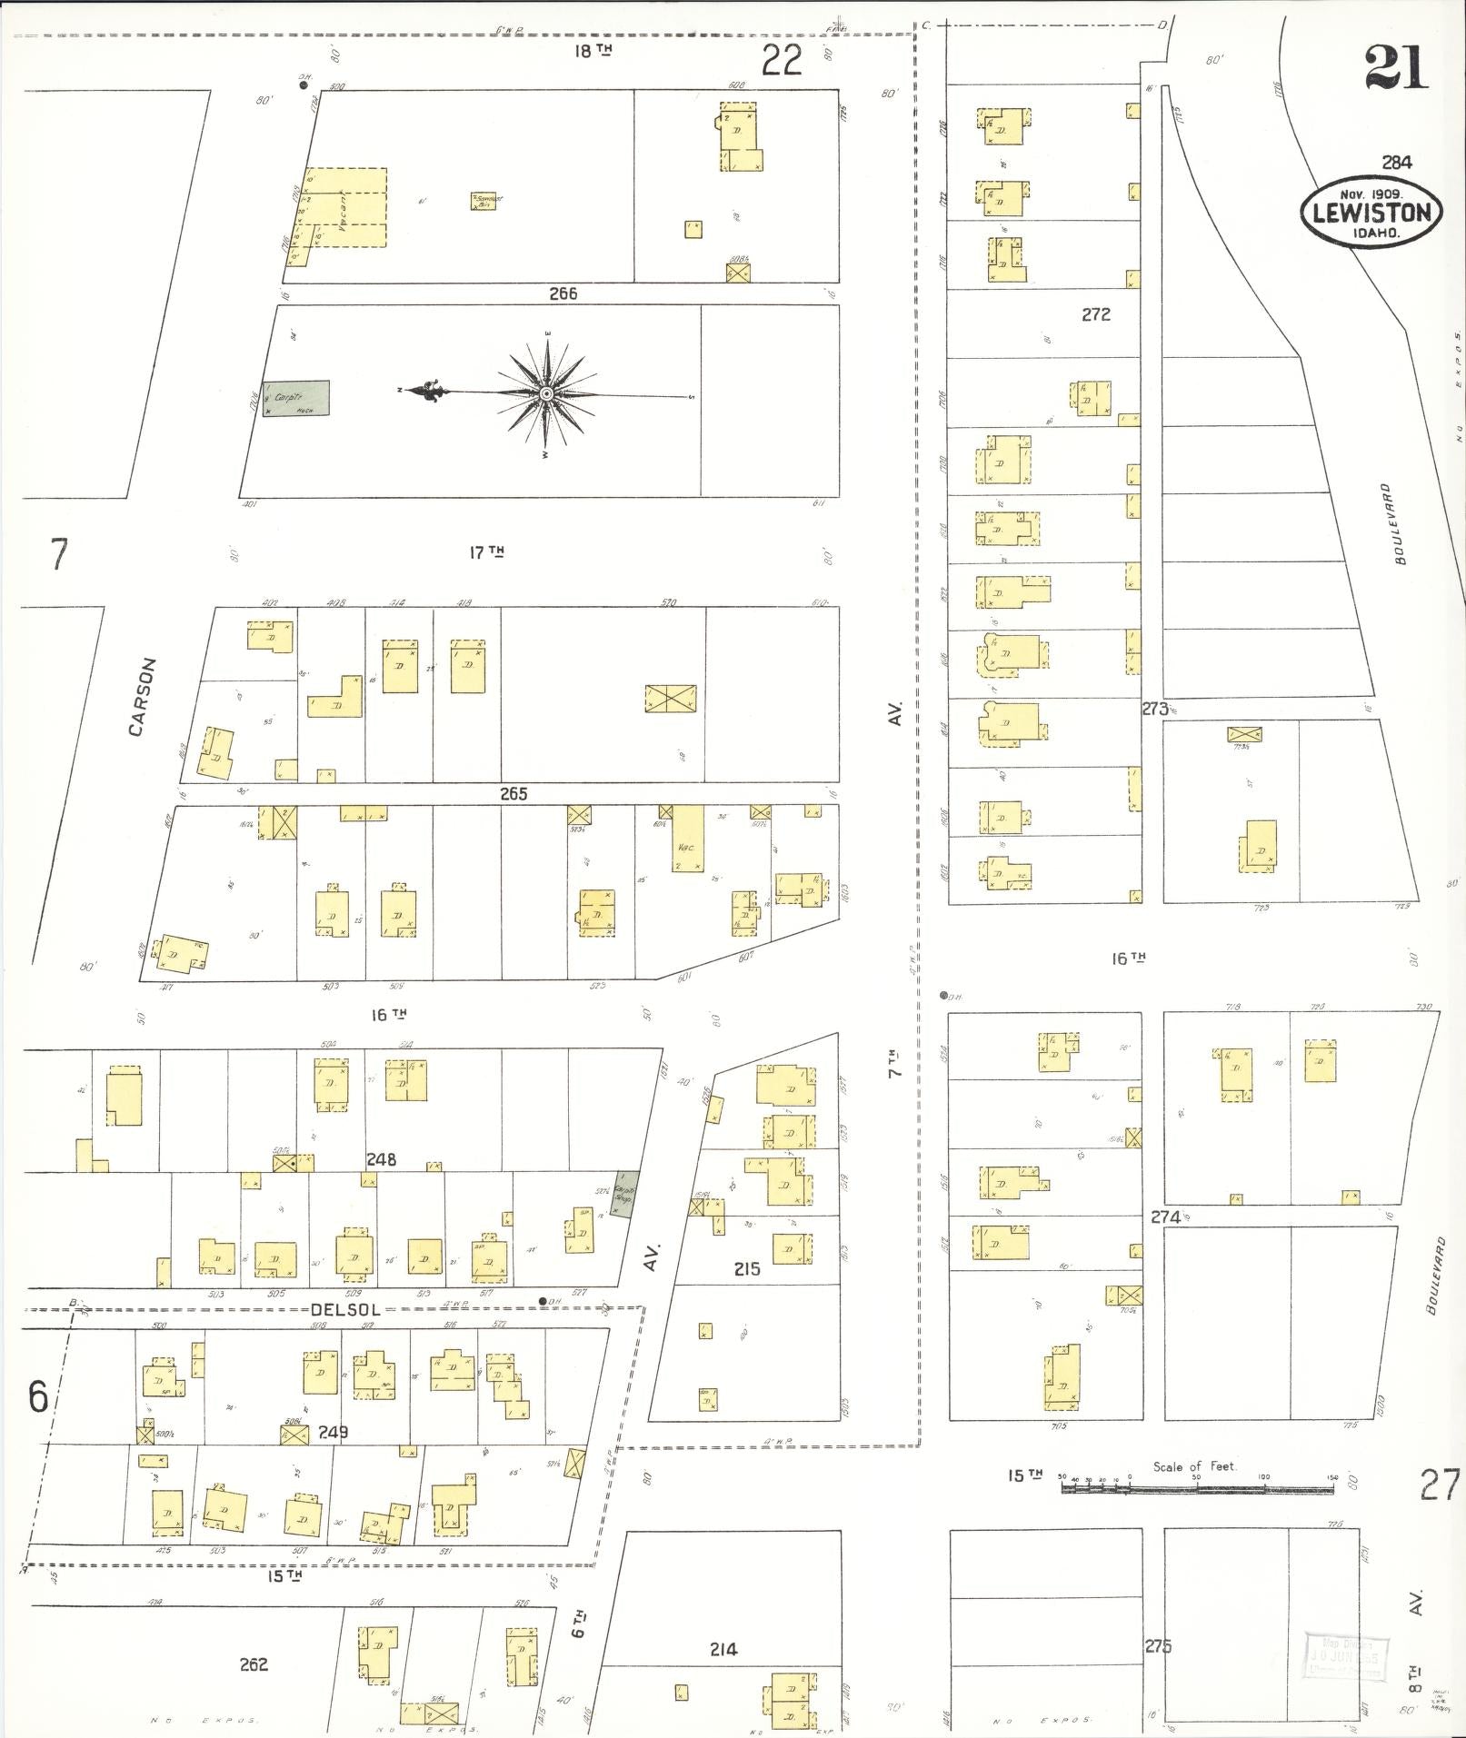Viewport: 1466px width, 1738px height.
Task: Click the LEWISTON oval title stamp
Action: (1371, 213)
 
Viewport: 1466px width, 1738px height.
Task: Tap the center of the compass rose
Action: (546, 393)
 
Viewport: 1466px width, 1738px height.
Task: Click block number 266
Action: (563, 293)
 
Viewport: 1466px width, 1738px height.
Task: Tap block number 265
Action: (514, 793)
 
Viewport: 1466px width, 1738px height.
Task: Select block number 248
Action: (382, 1160)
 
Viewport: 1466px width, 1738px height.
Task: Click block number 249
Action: (334, 1433)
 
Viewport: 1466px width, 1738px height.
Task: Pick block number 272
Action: (1096, 315)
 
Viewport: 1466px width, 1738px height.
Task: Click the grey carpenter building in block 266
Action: (296, 399)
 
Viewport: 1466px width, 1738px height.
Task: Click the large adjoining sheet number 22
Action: (782, 61)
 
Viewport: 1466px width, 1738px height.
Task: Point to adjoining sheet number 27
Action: (1440, 1485)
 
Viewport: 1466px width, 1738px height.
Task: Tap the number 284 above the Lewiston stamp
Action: (1396, 163)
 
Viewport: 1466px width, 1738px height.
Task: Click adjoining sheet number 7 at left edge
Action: (59, 553)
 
